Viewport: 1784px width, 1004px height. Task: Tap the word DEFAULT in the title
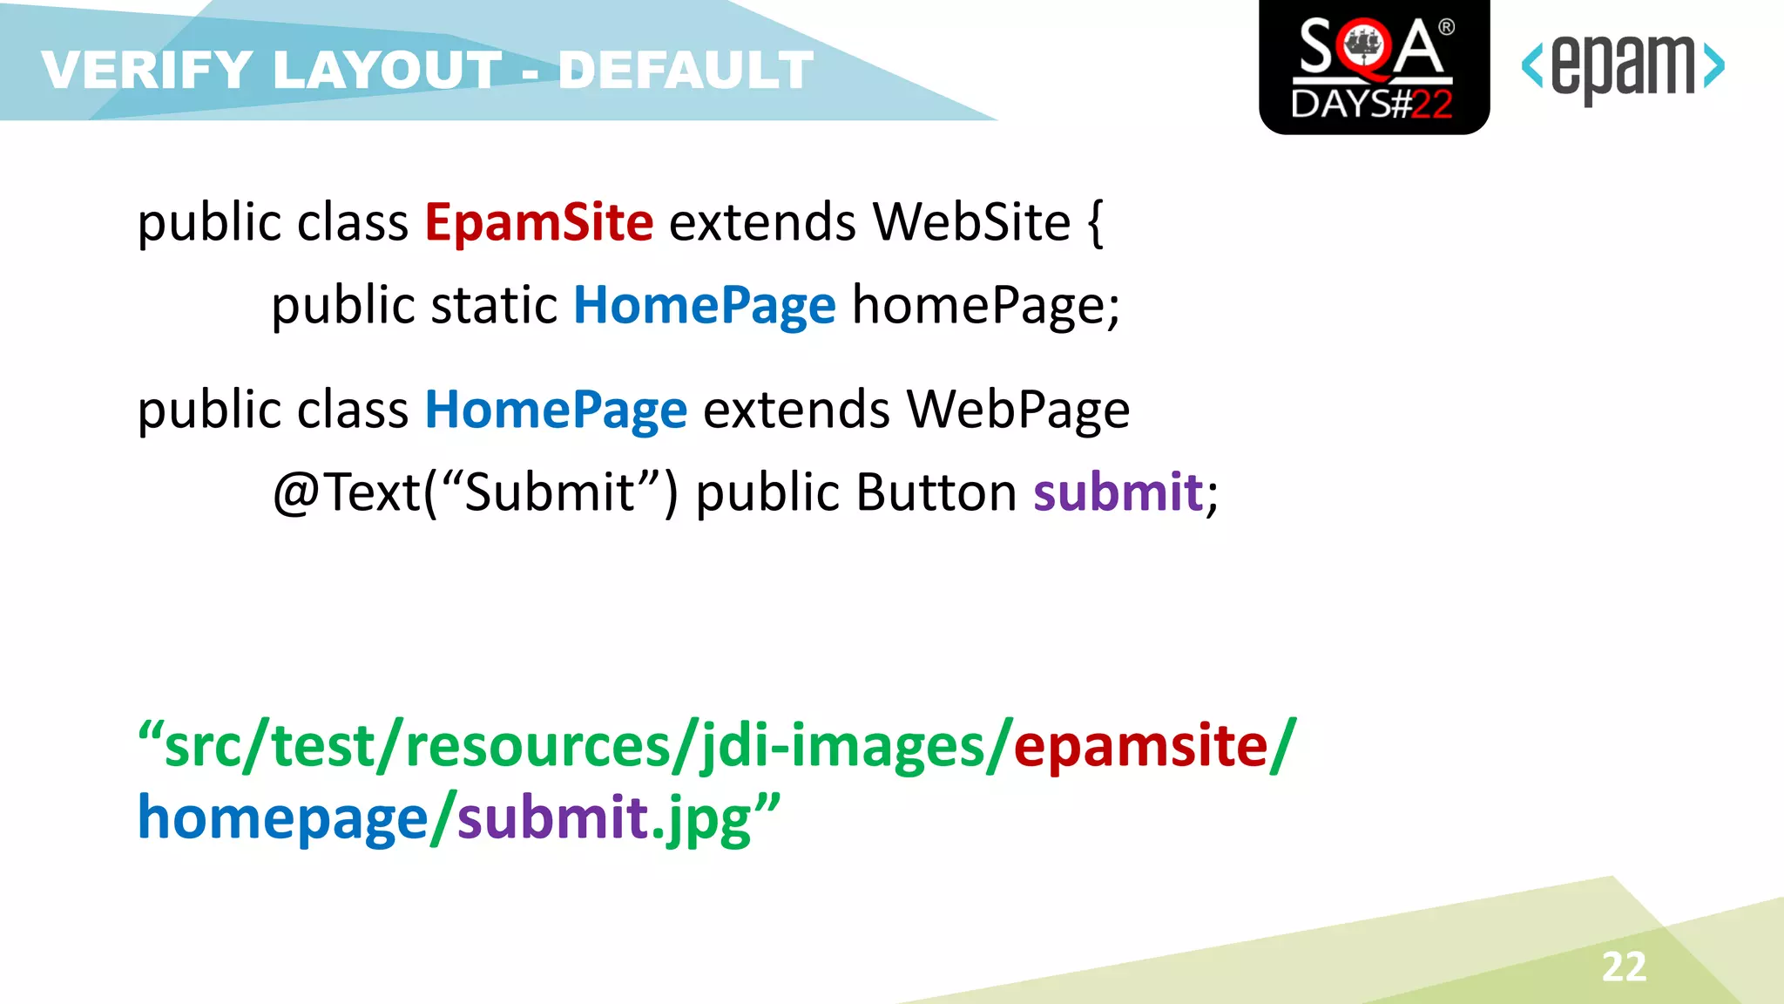[686, 71]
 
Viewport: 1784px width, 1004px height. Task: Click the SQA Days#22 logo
[1374, 67]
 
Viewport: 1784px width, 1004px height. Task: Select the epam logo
[1622, 67]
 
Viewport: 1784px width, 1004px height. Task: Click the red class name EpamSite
[538, 222]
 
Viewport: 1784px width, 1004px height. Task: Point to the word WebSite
[971, 222]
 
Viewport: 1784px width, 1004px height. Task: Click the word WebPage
[1017, 410]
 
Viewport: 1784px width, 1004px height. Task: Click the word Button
[936, 492]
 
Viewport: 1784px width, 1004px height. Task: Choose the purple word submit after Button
[1118, 492]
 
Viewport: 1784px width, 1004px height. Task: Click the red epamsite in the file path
[1140, 747]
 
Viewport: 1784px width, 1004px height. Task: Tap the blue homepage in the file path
[282, 819]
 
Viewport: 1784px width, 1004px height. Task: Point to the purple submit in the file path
[552, 819]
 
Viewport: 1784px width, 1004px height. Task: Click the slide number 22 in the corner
[1624, 967]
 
